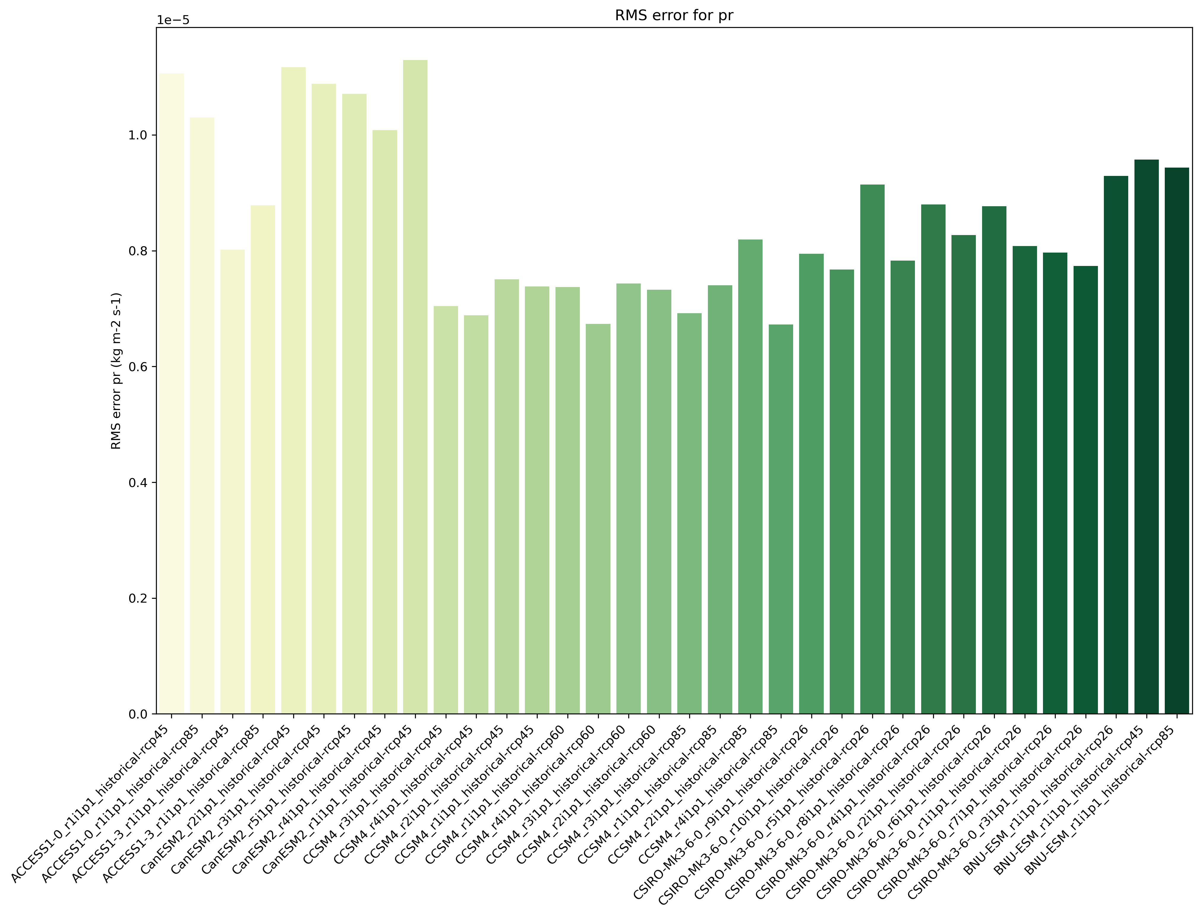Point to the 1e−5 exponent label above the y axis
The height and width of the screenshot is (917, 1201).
pyautogui.click(x=173, y=20)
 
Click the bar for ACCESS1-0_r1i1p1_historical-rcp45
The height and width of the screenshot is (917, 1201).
pyautogui.click(x=171, y=393)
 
